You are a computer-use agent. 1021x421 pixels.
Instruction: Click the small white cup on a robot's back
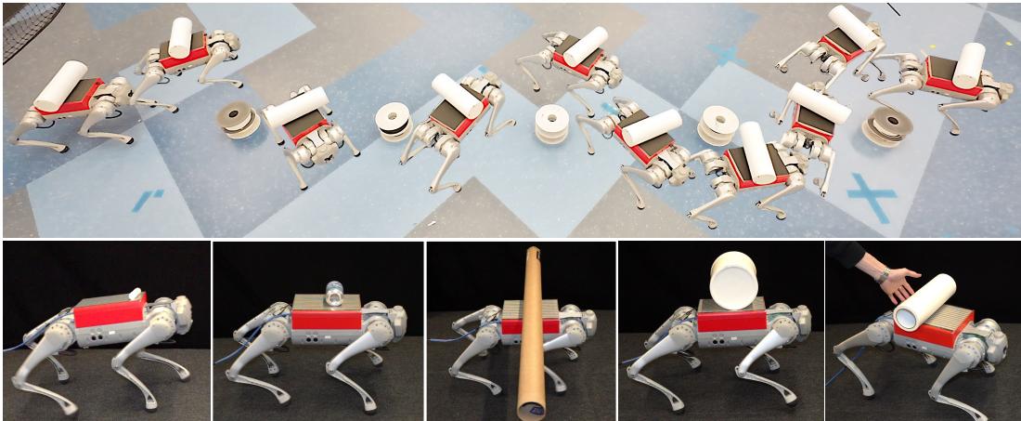136,294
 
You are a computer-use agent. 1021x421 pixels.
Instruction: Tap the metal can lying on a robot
334,296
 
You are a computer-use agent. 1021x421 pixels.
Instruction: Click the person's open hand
898,283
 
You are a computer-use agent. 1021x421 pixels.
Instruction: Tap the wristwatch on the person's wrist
882,274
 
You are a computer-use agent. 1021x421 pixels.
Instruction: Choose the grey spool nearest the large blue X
887,125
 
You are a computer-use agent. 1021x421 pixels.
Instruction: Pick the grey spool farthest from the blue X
238,119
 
